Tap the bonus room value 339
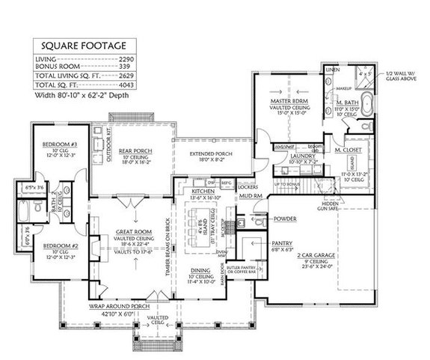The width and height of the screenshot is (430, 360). pos(124,67)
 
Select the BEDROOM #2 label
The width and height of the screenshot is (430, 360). pos(52,245)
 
